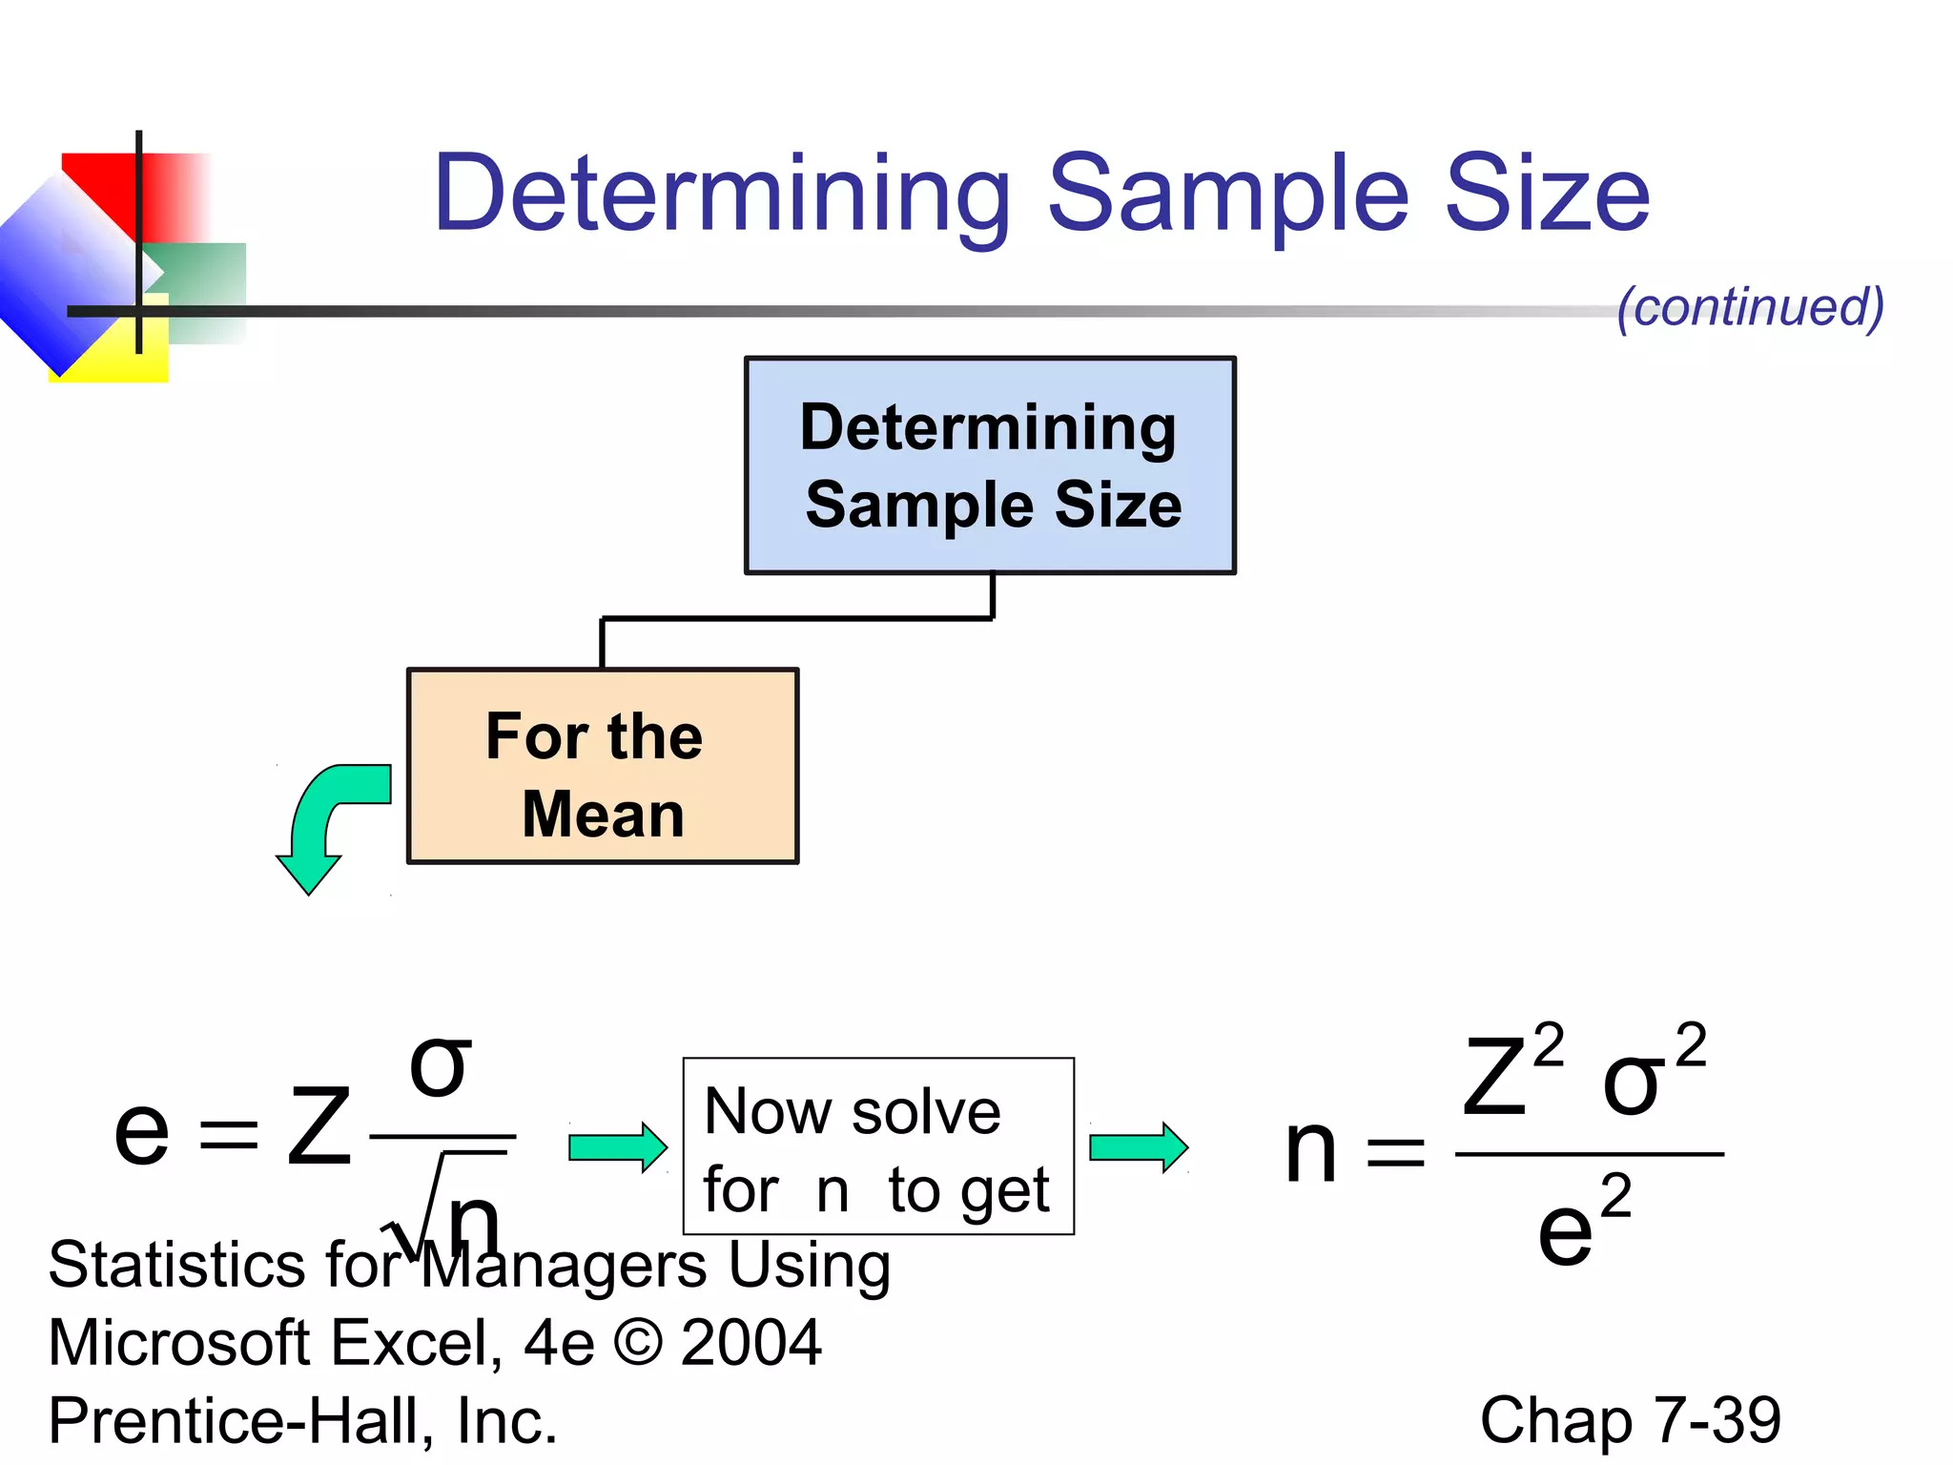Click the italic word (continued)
(x=1750, y=307)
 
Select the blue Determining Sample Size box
(x=990, y=465)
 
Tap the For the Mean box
(x=603, y=767)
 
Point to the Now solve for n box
(x=878, y=1146)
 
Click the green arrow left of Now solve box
(x=617, y=1146)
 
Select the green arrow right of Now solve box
(x=1138, y=1146)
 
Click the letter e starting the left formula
(x=141, y=1131)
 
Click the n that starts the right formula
(x=1310, y=1151)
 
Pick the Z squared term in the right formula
(x=1511, y=1073)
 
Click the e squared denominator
(x=1581, y=1227)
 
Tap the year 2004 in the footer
(x=750, y=1343)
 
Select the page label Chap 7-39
(x=1630, y=1420)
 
